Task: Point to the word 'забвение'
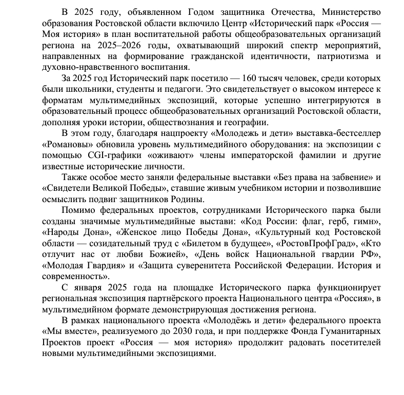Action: click(x=347, y=177)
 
